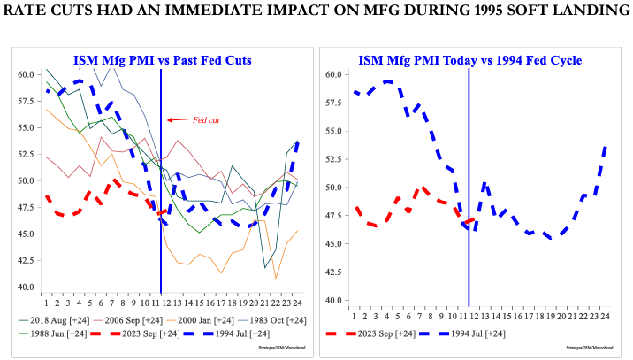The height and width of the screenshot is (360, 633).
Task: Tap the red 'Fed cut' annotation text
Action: tap(205, 119)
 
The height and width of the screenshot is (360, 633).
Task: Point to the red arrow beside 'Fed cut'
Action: tap(175, 119)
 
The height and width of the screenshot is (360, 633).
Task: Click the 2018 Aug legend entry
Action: tap(55, 319)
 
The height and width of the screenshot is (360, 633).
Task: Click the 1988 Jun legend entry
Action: tap(55, 334)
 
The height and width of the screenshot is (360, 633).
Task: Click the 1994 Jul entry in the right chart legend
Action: tap(482, 333)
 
